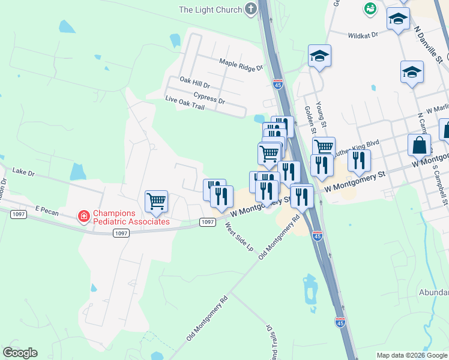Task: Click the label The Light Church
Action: (209, 10)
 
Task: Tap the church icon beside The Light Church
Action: (250, 9)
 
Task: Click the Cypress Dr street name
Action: (209, 97)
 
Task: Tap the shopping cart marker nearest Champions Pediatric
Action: (156, 202)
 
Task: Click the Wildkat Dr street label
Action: (363, 35)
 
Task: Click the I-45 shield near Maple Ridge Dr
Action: (277, 85)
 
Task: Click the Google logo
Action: (20, 353)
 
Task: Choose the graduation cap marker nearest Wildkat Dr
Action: (397, 20)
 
